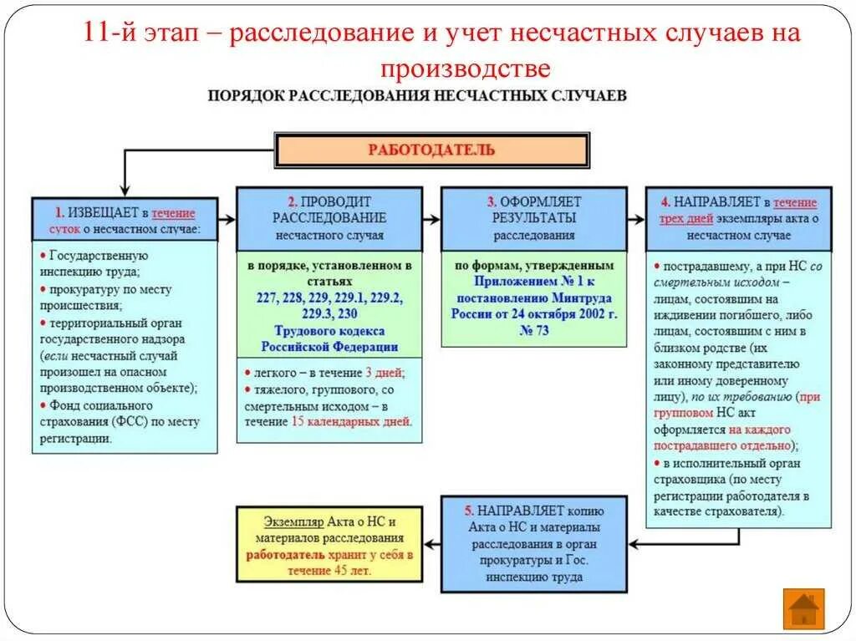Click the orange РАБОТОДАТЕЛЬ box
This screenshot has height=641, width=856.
coord(432,150)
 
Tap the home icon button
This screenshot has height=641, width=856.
coord(803,608)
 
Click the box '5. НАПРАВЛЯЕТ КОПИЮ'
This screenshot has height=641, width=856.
coord(533,543)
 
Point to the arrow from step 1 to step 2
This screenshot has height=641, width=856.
coord(227,219)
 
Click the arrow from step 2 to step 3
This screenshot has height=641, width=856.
coord(431,219)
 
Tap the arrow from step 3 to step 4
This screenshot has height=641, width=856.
coord(636,219)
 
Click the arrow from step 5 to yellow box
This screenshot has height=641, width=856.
coord(431,543)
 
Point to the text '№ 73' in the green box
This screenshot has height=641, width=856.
coord(533,330)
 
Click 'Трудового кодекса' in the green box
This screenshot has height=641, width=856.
coord(329,330)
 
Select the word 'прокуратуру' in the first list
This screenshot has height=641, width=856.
coord(82,289)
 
